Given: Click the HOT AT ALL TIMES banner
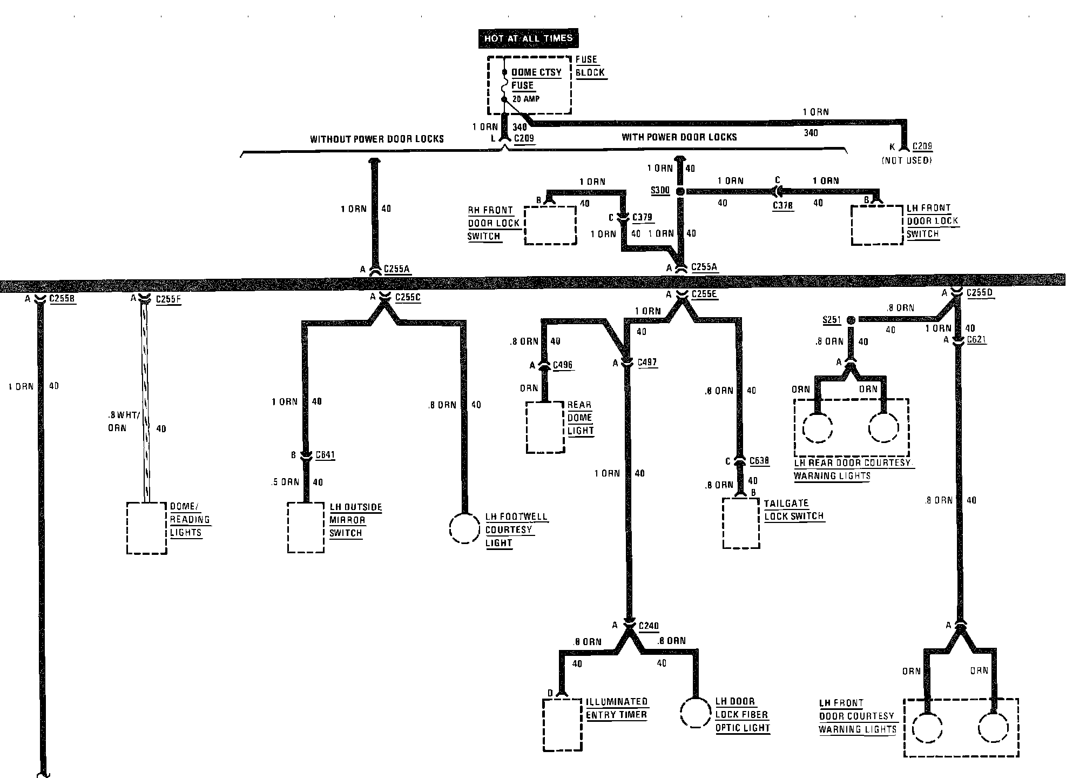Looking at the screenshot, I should pyautogui.click(x=528, y=38).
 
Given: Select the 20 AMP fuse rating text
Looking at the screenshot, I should pyautogui.click(x=525, y=99).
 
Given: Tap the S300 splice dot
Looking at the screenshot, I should pyautogui.click(x=680, y=191).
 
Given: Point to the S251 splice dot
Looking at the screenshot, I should pyautogui.click(x=851, y=320).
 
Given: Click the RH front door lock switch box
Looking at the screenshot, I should pyautogui.click(x=550, y=225).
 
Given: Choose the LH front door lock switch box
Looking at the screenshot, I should pyautogui.click(x=877, y=225).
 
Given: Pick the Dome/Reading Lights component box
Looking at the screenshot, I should pyautogui.click(x=146, y=528).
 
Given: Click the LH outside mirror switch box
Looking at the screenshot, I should pyautogui.click(x=306, y=527).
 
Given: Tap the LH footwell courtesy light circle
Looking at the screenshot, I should pyautogui.click(x=464, y=528).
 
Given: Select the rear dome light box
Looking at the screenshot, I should pyautogui.click(x=545, y=427).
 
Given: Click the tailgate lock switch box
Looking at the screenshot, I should pyautogui.click(x=741, y=523).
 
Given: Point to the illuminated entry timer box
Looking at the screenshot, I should pyautogui.click(x=563, y=725).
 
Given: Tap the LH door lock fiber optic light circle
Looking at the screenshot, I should pyautogui.click(x=695, y=713).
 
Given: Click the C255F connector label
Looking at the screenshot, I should pyautogui.click(x=168, y=299).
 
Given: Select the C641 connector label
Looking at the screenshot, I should pyautogui.click(x=325, y=455).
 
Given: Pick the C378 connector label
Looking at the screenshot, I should pyautogui.click(x=782, y=205).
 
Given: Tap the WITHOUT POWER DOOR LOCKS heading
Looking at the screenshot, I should pyautogui.click(x=376, y=139).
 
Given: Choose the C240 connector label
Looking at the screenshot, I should pyautogui.click(x=649, y=626).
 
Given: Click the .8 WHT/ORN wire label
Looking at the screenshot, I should pyautogui.click(x=124, y=421).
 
